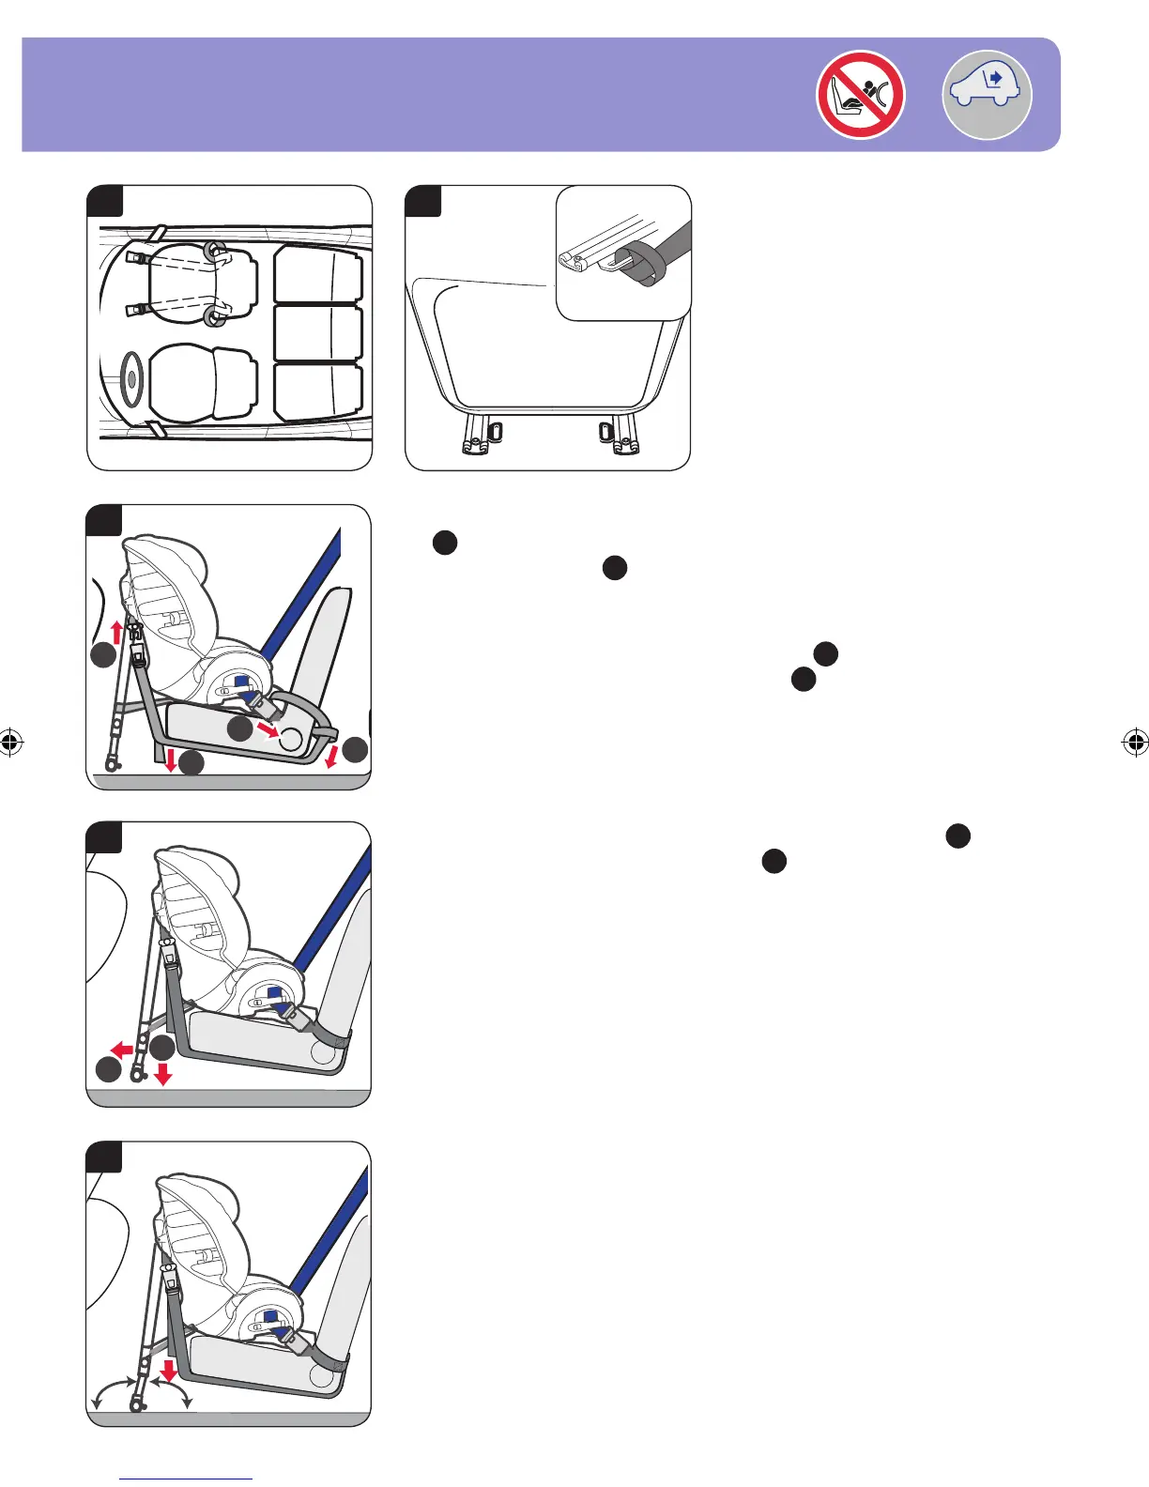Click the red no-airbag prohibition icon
click(860, 95)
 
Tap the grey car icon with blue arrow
click(987, 95)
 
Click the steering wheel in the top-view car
click(130, 378)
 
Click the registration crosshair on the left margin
click(10, 743)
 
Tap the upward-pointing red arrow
click(117, 630)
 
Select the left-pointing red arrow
click(121, 1049)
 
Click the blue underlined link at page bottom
click(186, 1479)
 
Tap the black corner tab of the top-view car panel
click(104, 200)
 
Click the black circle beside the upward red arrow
click(103, 658)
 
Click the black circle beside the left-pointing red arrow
click(108, 1068)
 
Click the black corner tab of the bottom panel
click(103, 1157)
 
